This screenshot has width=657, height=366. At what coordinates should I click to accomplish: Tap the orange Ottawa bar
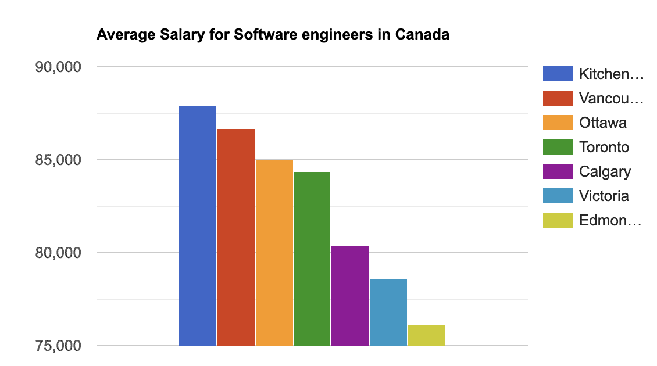(x=274, y=253)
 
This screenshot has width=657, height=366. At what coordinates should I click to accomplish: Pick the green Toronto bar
(x=312, y=259)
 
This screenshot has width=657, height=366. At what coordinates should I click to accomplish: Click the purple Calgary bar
(x=350, y=296)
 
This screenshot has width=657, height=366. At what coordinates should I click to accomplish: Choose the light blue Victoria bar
(x=388, y=312)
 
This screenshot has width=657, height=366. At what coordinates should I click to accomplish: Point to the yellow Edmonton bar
(x=427, y=335)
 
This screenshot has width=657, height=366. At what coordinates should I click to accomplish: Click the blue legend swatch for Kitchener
(x=558, y=74)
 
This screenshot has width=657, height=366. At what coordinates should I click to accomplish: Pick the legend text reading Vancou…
(x=611, y=98)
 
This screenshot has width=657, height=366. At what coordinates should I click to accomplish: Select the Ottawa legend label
(x=603, y=123)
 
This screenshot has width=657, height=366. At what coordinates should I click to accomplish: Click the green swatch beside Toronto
(x=558, y=147)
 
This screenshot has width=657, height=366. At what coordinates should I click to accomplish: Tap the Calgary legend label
(x=605, y=171)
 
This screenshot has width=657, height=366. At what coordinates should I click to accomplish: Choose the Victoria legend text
(x=604, y=196)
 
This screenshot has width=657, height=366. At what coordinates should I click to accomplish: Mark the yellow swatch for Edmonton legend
(x=558, y=220)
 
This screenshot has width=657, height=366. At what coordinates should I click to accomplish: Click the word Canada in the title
(x=422, y=35)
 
